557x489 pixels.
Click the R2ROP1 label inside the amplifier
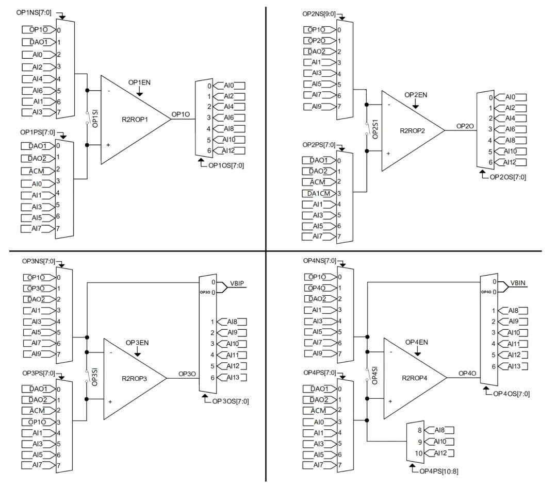pos(135,120)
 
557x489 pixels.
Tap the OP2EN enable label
pos(416,95)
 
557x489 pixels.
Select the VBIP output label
pos(237,283)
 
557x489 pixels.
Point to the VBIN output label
pos(518,283)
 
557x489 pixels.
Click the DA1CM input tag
pos(319,193)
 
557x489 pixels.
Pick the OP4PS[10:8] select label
pos(439,471)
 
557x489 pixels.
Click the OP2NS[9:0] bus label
pos(319,14)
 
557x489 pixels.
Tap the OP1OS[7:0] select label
pos(226,165)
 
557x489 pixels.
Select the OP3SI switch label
pos(95,377)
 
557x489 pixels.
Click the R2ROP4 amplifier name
pos(415,378)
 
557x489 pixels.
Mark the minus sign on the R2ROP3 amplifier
pos(111,352)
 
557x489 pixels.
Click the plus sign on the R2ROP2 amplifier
pos(388,154)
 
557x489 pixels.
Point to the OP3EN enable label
pos(137,343)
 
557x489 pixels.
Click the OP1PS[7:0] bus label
pos(38,132)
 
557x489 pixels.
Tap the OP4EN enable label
pos(417,343)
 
